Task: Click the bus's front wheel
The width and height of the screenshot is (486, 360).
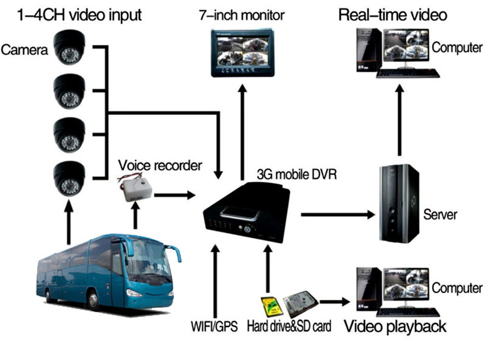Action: pos(94,299)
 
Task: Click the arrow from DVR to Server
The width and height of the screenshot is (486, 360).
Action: pos(338,214)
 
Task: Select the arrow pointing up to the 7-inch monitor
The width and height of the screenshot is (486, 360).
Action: pos(242,122)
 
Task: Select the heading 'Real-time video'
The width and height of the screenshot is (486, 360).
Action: pos(394,14)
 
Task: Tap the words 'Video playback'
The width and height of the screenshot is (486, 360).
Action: pos(395,326)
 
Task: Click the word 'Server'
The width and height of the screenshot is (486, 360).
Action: pos(440,214)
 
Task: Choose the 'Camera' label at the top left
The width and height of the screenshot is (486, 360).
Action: pos(24,49)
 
